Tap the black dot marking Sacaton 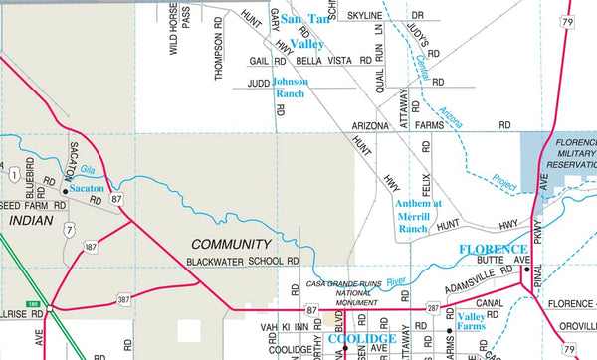[x=66, y=188]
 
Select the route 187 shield [x=91, y=245]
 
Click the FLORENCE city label [x=493, y=249]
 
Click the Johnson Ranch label [x=291, y=88]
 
